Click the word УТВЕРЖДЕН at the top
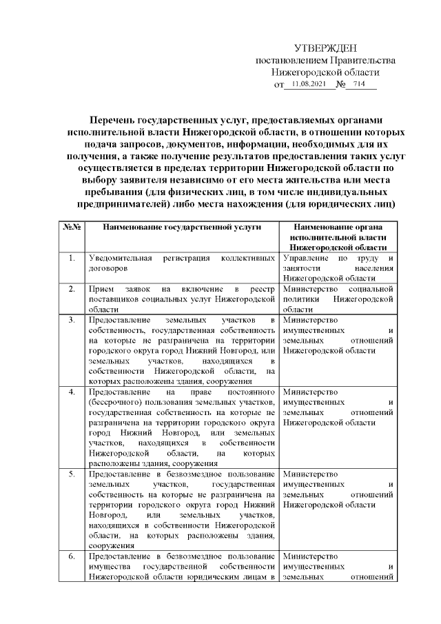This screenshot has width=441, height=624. coord(325,48)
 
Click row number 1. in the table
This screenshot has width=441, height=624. coord(73,259)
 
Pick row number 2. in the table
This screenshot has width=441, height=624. coord(73,288)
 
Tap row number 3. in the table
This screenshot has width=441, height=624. coord(73,321)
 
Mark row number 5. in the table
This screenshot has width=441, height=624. coord(73,474)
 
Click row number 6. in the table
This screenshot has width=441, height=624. coord(73,556)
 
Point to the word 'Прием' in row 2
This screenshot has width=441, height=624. coord(102,288)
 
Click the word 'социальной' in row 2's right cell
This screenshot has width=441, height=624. coord(371,288)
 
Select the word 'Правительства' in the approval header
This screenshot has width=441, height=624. coord(359,60)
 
